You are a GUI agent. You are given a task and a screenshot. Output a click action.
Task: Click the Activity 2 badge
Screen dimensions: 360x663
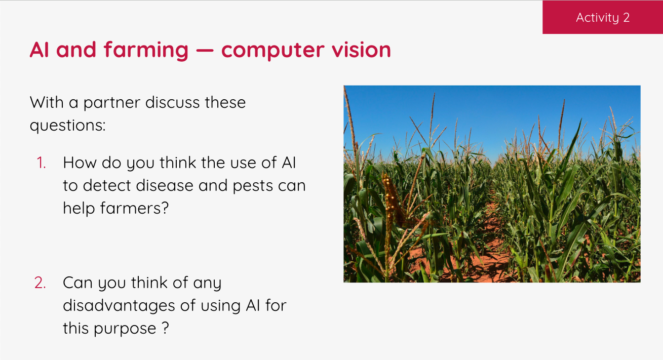[602, 18]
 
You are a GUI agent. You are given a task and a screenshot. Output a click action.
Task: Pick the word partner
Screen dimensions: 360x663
[112, 103]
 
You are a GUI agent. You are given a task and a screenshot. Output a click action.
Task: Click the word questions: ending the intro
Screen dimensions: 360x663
[67, 126]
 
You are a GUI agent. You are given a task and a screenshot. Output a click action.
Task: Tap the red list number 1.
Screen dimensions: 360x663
[42, 163]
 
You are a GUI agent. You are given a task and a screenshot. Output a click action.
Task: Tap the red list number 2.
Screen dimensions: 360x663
[41, 283]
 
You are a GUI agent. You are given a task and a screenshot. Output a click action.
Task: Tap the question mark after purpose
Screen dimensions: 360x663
[165, 329]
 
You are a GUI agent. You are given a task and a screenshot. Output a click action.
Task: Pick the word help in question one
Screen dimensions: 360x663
[78, 208]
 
